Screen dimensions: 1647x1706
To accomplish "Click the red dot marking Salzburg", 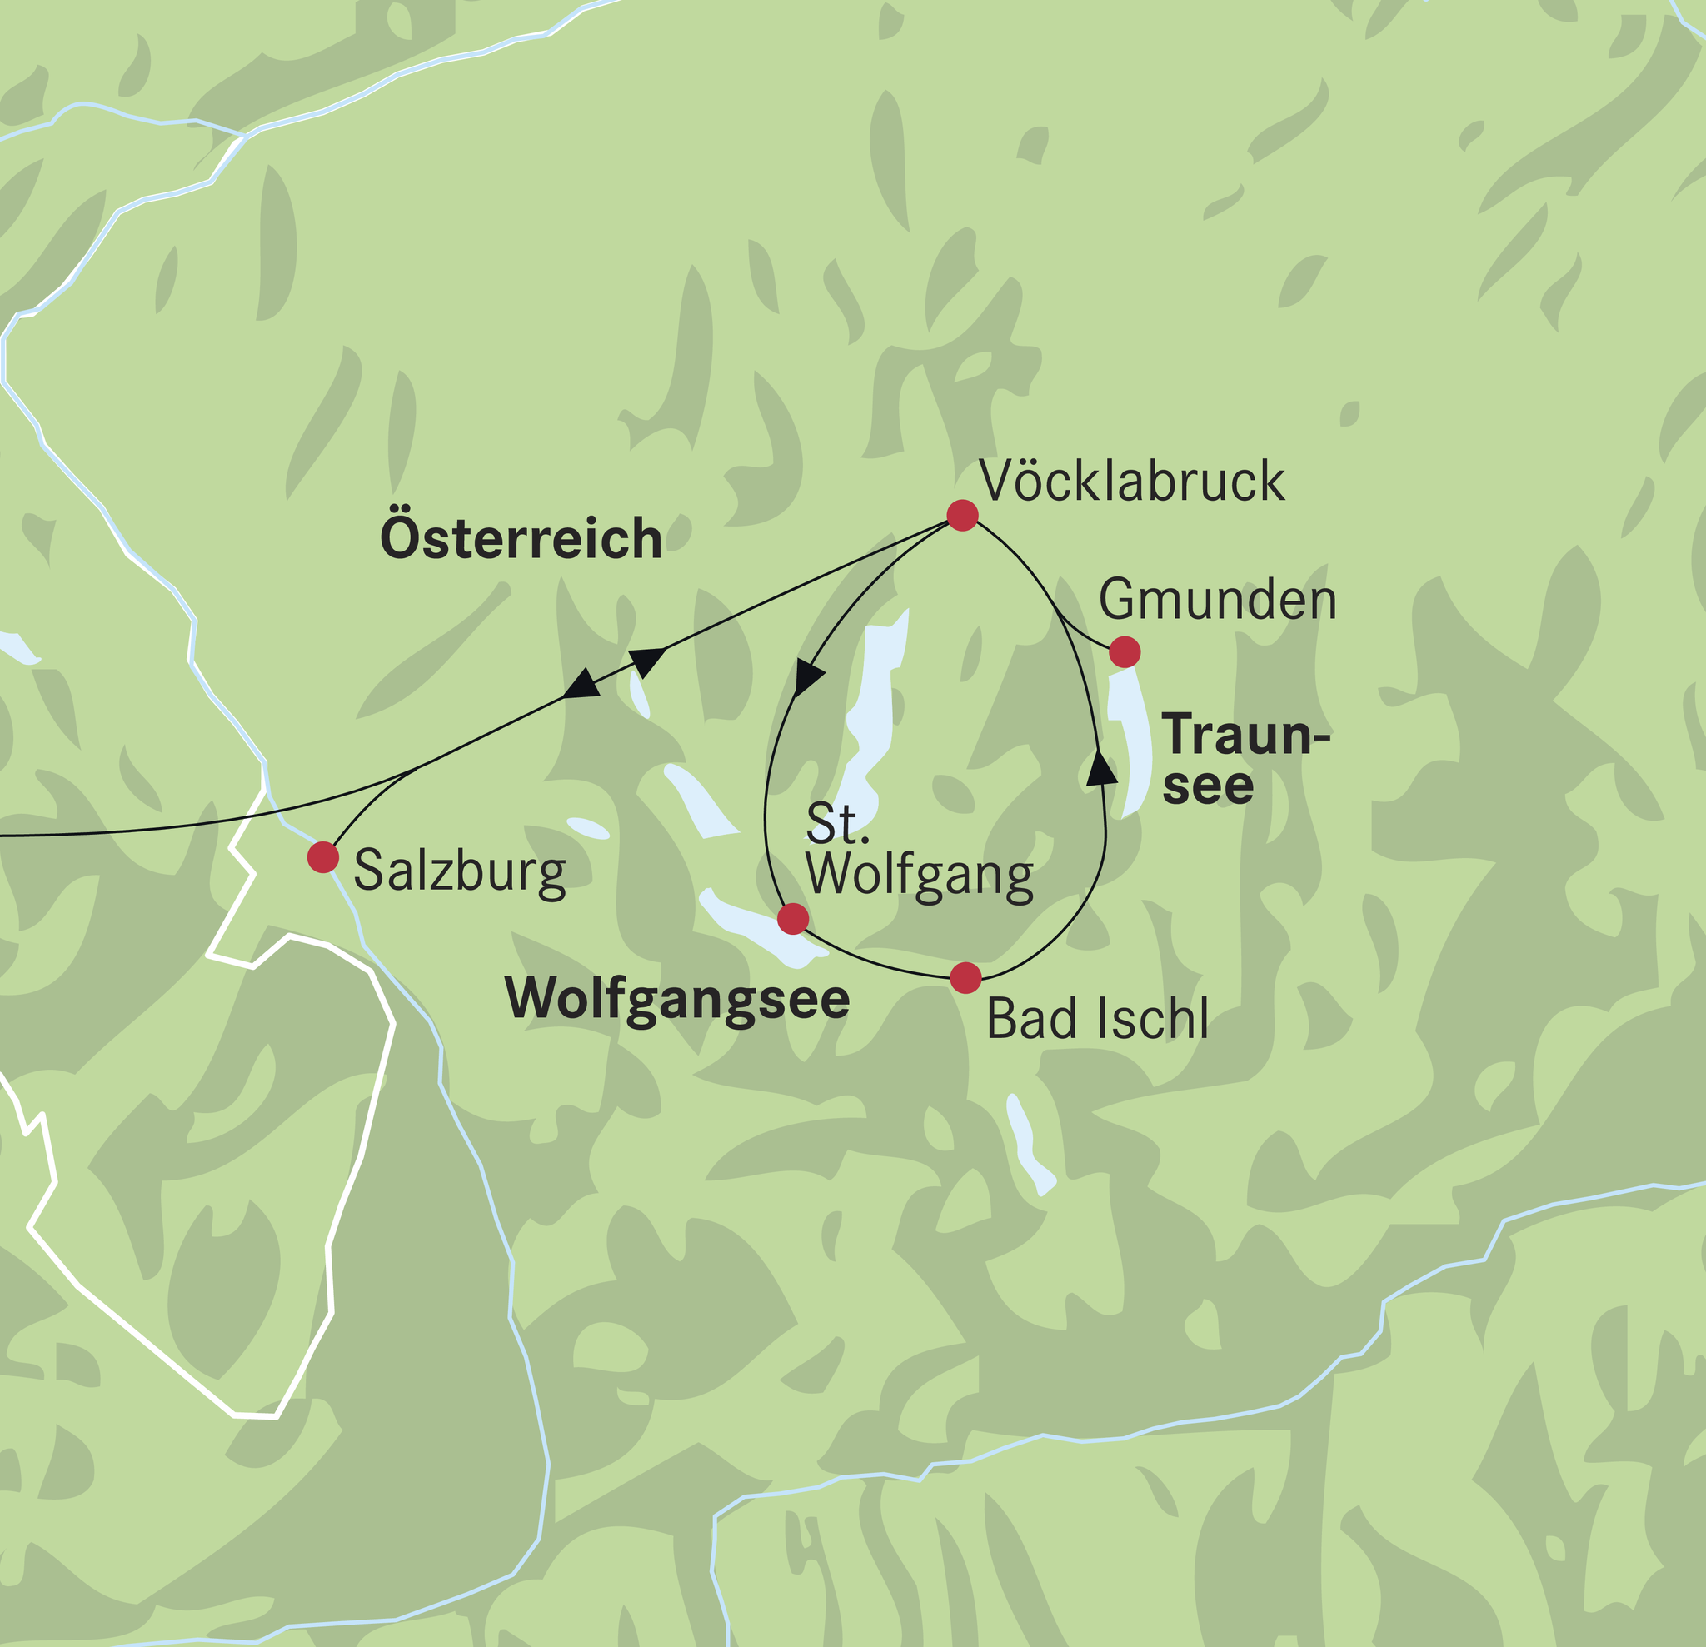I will [323, 856].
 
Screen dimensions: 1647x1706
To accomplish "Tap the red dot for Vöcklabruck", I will [962, 515].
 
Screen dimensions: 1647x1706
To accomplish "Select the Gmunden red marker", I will [1125, 651].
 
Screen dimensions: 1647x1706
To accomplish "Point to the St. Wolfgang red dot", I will [792, 918].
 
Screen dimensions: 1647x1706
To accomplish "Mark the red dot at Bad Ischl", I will [965, 977].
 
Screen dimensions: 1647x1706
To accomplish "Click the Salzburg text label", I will [460, 871].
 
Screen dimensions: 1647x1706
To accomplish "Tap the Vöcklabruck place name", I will [1131, 481].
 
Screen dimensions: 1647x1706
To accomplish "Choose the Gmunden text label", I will [1217, 601].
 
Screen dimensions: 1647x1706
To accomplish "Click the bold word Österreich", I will [521, 539].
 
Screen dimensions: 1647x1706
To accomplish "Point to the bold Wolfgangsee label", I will [677, 999].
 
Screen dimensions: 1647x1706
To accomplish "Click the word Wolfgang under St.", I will [919, 875].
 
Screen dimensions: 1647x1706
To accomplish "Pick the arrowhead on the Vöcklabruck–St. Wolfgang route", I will [809, 678].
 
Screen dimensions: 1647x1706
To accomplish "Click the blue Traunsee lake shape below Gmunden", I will [1131, 740].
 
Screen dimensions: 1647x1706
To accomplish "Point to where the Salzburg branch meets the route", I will [416, 770].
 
